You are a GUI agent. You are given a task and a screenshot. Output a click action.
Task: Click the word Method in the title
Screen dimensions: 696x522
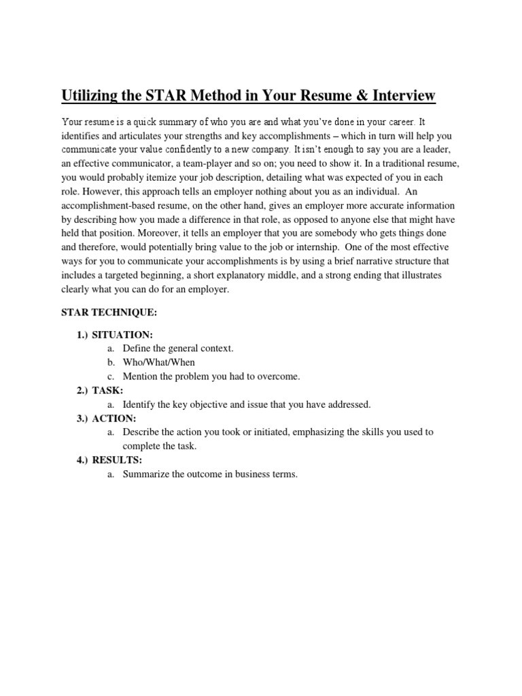tap(194, 96)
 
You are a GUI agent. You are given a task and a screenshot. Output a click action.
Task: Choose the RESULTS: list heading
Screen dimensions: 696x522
tap(117, 460)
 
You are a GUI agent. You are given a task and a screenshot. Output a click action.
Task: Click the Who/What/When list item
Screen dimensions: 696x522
tap(158, 362)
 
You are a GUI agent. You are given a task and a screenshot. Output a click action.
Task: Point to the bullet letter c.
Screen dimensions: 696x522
tap(110, 377)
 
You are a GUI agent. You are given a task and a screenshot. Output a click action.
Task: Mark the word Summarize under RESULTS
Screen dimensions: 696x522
tap(146, 474)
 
